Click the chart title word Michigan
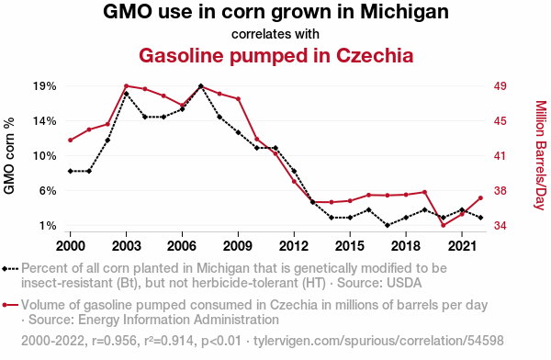404,12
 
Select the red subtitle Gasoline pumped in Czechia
275,55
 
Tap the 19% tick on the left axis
45,86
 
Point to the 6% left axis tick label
48,190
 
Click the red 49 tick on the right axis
500,86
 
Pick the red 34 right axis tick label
500,225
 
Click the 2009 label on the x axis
238,246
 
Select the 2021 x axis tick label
462,246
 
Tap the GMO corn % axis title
9,156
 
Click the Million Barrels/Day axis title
541,155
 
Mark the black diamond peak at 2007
200,86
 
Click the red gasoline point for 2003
126,85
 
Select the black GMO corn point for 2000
71,171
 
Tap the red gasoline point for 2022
480,198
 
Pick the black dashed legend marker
10,269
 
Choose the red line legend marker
10,305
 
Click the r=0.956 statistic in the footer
114,341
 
